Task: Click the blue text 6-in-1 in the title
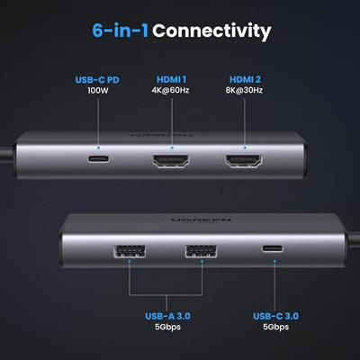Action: point(121,31)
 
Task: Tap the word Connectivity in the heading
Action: point(211,31)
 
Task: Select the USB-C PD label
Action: point(97,80)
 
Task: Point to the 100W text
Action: point(97,92)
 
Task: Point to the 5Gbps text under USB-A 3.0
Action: point(167,328)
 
